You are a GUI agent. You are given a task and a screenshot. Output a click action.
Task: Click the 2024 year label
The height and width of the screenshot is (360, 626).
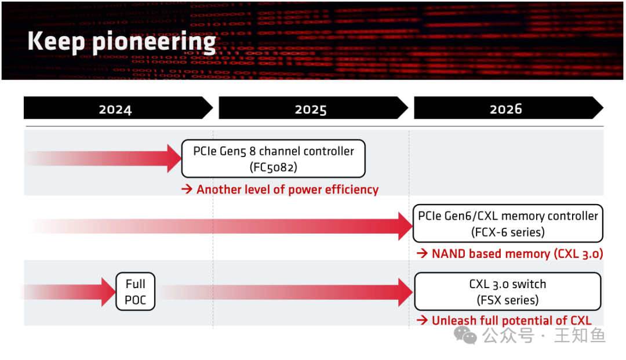(x=115, y=109)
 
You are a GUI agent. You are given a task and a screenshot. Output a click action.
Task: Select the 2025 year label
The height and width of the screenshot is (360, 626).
(x=310, y=109)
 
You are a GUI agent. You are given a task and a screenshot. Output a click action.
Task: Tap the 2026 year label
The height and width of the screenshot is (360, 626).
(x=505, y=109)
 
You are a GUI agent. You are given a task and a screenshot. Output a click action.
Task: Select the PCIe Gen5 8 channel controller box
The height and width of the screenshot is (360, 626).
(x=273, y=158)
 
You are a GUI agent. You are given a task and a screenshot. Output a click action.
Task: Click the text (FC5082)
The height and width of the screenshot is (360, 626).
(x=273, y=166)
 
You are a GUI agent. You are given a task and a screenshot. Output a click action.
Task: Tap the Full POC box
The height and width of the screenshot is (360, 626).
(x=135, y=292)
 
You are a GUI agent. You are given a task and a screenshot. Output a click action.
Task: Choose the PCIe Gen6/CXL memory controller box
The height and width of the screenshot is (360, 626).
(x=508, y=223)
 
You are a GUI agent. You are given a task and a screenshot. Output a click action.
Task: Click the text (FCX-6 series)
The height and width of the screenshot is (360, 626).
(x=508, y=232)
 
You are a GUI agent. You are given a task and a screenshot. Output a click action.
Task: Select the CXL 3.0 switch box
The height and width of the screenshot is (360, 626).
(x=508, y=292)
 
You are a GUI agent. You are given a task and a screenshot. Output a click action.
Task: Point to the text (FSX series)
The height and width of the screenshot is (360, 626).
(x=508, y=300)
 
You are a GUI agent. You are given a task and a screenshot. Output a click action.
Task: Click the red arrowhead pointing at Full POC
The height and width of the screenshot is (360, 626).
(x=108, y=292)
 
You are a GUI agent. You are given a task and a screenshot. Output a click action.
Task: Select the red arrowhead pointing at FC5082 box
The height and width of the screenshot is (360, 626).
(x=174, y=158)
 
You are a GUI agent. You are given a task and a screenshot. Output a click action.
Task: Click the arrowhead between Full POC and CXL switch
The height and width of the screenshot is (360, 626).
(x=405, y=292)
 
